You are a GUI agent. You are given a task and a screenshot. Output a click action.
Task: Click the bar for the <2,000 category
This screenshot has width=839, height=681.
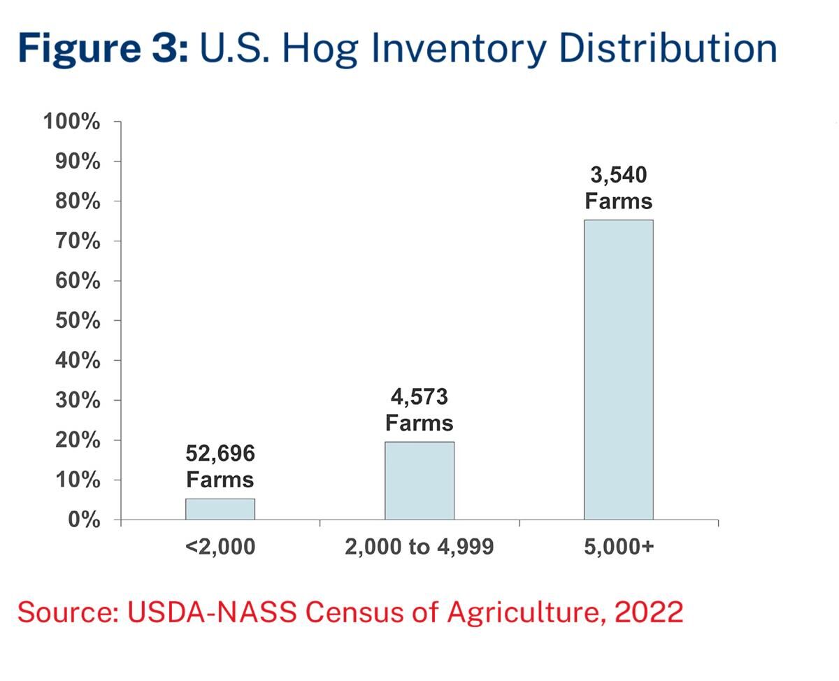coord(220,509)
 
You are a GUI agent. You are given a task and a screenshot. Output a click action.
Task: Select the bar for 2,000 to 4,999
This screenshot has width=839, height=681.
coord(419,480)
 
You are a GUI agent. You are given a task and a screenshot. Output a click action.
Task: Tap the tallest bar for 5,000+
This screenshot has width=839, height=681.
coord(619,370)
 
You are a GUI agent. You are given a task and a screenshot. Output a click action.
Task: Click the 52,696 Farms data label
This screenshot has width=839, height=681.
coord(220,467)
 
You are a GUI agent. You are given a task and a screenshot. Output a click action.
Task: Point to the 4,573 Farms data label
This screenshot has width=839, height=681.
coord(419,410)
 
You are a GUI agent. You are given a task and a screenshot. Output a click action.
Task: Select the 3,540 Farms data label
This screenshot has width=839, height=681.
coord(619,188)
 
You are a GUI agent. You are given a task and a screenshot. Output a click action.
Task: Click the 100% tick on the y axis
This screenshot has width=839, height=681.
coord(72,122)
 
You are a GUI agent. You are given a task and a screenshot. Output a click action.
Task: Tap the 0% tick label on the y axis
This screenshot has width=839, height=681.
coord(83,520)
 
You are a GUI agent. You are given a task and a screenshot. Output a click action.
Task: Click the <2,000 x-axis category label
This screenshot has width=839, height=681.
coord(220,547)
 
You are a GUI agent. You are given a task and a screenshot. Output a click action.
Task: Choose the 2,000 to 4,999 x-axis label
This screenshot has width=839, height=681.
coord(419,547)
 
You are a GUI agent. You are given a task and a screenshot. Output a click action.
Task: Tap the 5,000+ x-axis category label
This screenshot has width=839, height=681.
coord(619,547)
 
